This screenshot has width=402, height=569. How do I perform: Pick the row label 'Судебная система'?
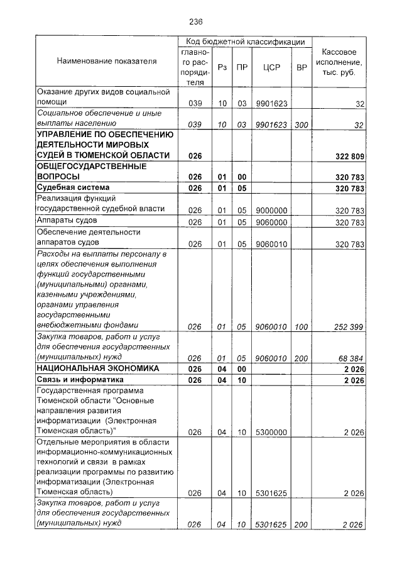73,188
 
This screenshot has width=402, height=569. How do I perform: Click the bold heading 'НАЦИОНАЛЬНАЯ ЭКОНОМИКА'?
97,368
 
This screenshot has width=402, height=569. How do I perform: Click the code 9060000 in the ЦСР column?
271,222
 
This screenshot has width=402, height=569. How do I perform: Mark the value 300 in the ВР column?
301,125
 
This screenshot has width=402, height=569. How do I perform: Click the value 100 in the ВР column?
301,326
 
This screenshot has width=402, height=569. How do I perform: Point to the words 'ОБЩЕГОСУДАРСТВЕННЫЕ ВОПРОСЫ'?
91,172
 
